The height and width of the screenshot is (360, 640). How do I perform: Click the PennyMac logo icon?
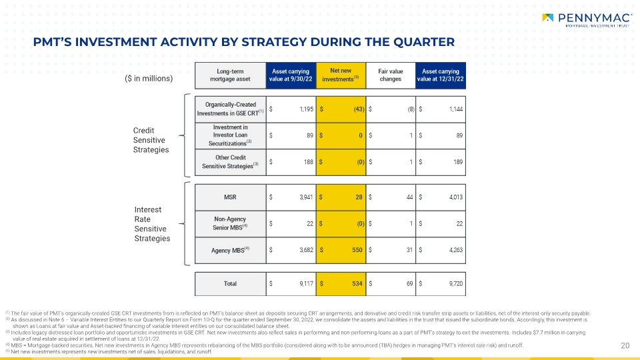point(548,17)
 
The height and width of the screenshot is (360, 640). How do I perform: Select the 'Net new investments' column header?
point(341,75)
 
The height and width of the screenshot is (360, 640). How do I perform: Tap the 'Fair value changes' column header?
point(391,75)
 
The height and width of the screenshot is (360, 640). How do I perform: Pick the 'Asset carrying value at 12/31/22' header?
point(441,75)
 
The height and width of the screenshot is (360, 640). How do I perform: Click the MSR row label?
point(230,197)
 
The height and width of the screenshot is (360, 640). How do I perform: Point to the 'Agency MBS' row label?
point(230,250)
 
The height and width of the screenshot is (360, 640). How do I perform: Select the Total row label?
point(230,284)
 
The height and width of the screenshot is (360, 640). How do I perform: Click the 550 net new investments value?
point(357,250)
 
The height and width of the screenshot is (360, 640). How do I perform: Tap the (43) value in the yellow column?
point(359,109)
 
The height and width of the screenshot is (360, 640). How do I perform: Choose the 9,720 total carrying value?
point(456,284)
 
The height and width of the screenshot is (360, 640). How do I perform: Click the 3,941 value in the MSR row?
point(306,197)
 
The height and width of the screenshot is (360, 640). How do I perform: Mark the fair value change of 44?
point(410,197)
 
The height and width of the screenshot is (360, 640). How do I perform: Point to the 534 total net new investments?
point(357,284)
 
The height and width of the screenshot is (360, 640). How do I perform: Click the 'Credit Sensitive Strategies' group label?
point(151,140)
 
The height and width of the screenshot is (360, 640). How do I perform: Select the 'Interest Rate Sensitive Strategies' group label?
point(152,224)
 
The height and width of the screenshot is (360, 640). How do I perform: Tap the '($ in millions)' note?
point(149,79)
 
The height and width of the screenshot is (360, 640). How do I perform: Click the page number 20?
point(625,346)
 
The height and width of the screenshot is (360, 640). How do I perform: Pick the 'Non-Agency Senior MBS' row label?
point(230,223)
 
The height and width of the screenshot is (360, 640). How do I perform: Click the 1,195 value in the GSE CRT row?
point(307,109)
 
